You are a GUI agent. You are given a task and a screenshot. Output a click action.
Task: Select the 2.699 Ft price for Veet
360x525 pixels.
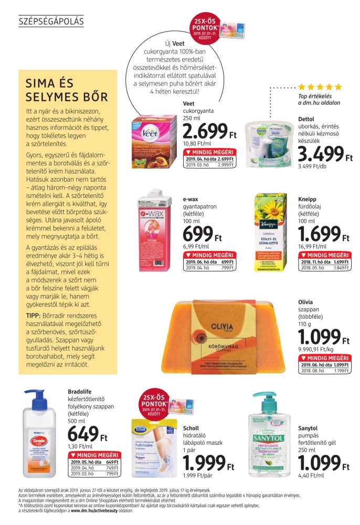(206, 131)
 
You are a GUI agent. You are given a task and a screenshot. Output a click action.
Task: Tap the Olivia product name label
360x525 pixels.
(305, 302)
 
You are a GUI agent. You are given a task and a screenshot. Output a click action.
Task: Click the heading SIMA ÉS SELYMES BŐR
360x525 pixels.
(67, 90)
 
